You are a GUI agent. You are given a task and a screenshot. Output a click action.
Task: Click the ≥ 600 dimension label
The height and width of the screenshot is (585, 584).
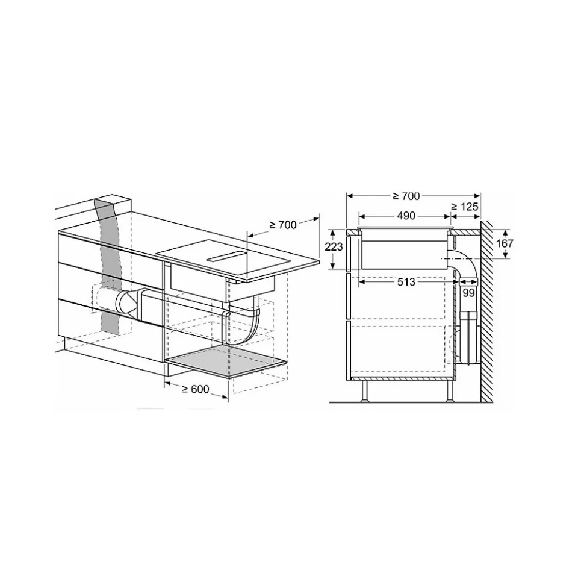(x=196, y=389)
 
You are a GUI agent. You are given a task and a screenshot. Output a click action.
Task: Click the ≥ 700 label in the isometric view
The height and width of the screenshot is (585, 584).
(x=283, y=225)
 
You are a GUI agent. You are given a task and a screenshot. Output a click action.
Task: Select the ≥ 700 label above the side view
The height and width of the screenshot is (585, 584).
(x=406, y=196)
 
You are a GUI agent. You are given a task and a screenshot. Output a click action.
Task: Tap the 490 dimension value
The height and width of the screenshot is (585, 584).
(x=406, y=216)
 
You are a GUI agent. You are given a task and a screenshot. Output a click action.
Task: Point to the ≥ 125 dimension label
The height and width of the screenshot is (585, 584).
(x=464, y=206)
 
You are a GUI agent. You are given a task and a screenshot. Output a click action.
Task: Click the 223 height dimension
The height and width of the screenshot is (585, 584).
(x=334, y=246)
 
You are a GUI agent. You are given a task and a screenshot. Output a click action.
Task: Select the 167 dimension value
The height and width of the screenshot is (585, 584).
(x=505, y=243)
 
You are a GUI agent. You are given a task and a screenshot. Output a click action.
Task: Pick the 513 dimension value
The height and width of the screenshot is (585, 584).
(x=406, y=282)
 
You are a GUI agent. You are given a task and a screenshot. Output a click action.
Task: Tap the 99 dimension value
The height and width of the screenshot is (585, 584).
(x=468, y=293)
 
